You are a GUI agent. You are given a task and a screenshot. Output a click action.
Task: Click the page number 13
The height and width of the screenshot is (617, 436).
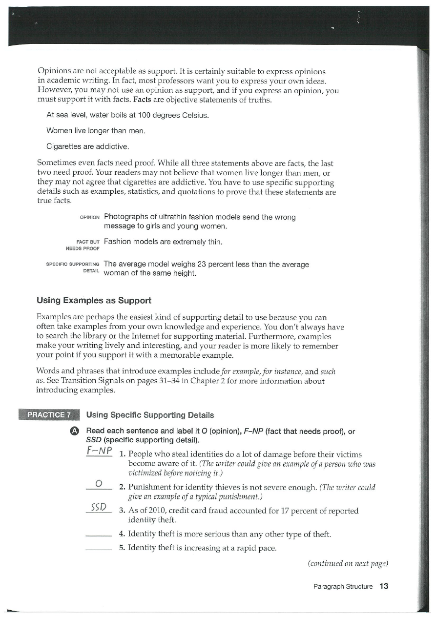pyautogui.click(x=384, y=586)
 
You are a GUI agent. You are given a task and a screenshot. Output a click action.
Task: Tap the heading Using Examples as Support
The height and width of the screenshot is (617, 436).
pyautogui.click(x=94, y=300)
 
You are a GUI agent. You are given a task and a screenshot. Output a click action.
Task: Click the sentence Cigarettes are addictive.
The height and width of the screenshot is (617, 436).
pyautogui.click(x=87, y=146)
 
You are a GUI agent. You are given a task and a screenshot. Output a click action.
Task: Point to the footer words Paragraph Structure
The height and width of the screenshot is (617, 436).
pyautogui.click(x=343, y=586)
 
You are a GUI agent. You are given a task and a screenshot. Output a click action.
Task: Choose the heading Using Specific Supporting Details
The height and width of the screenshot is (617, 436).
pyautogui.click(x=150, y=415)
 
